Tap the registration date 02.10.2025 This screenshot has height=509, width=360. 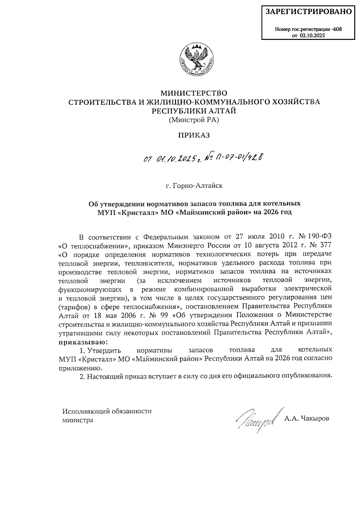coord(312,36)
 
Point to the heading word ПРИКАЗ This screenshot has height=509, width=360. coord(194,135)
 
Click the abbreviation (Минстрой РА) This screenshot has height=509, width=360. coord(194,120)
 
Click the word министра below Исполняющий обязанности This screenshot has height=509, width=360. coord(78,420)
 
